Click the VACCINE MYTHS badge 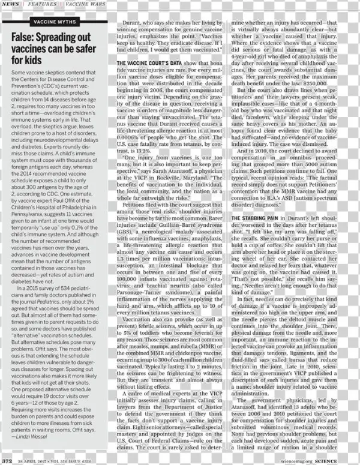[x=55, y=22]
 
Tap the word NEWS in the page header [x=9, y=4]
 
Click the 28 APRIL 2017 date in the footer [x=33, y=461]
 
